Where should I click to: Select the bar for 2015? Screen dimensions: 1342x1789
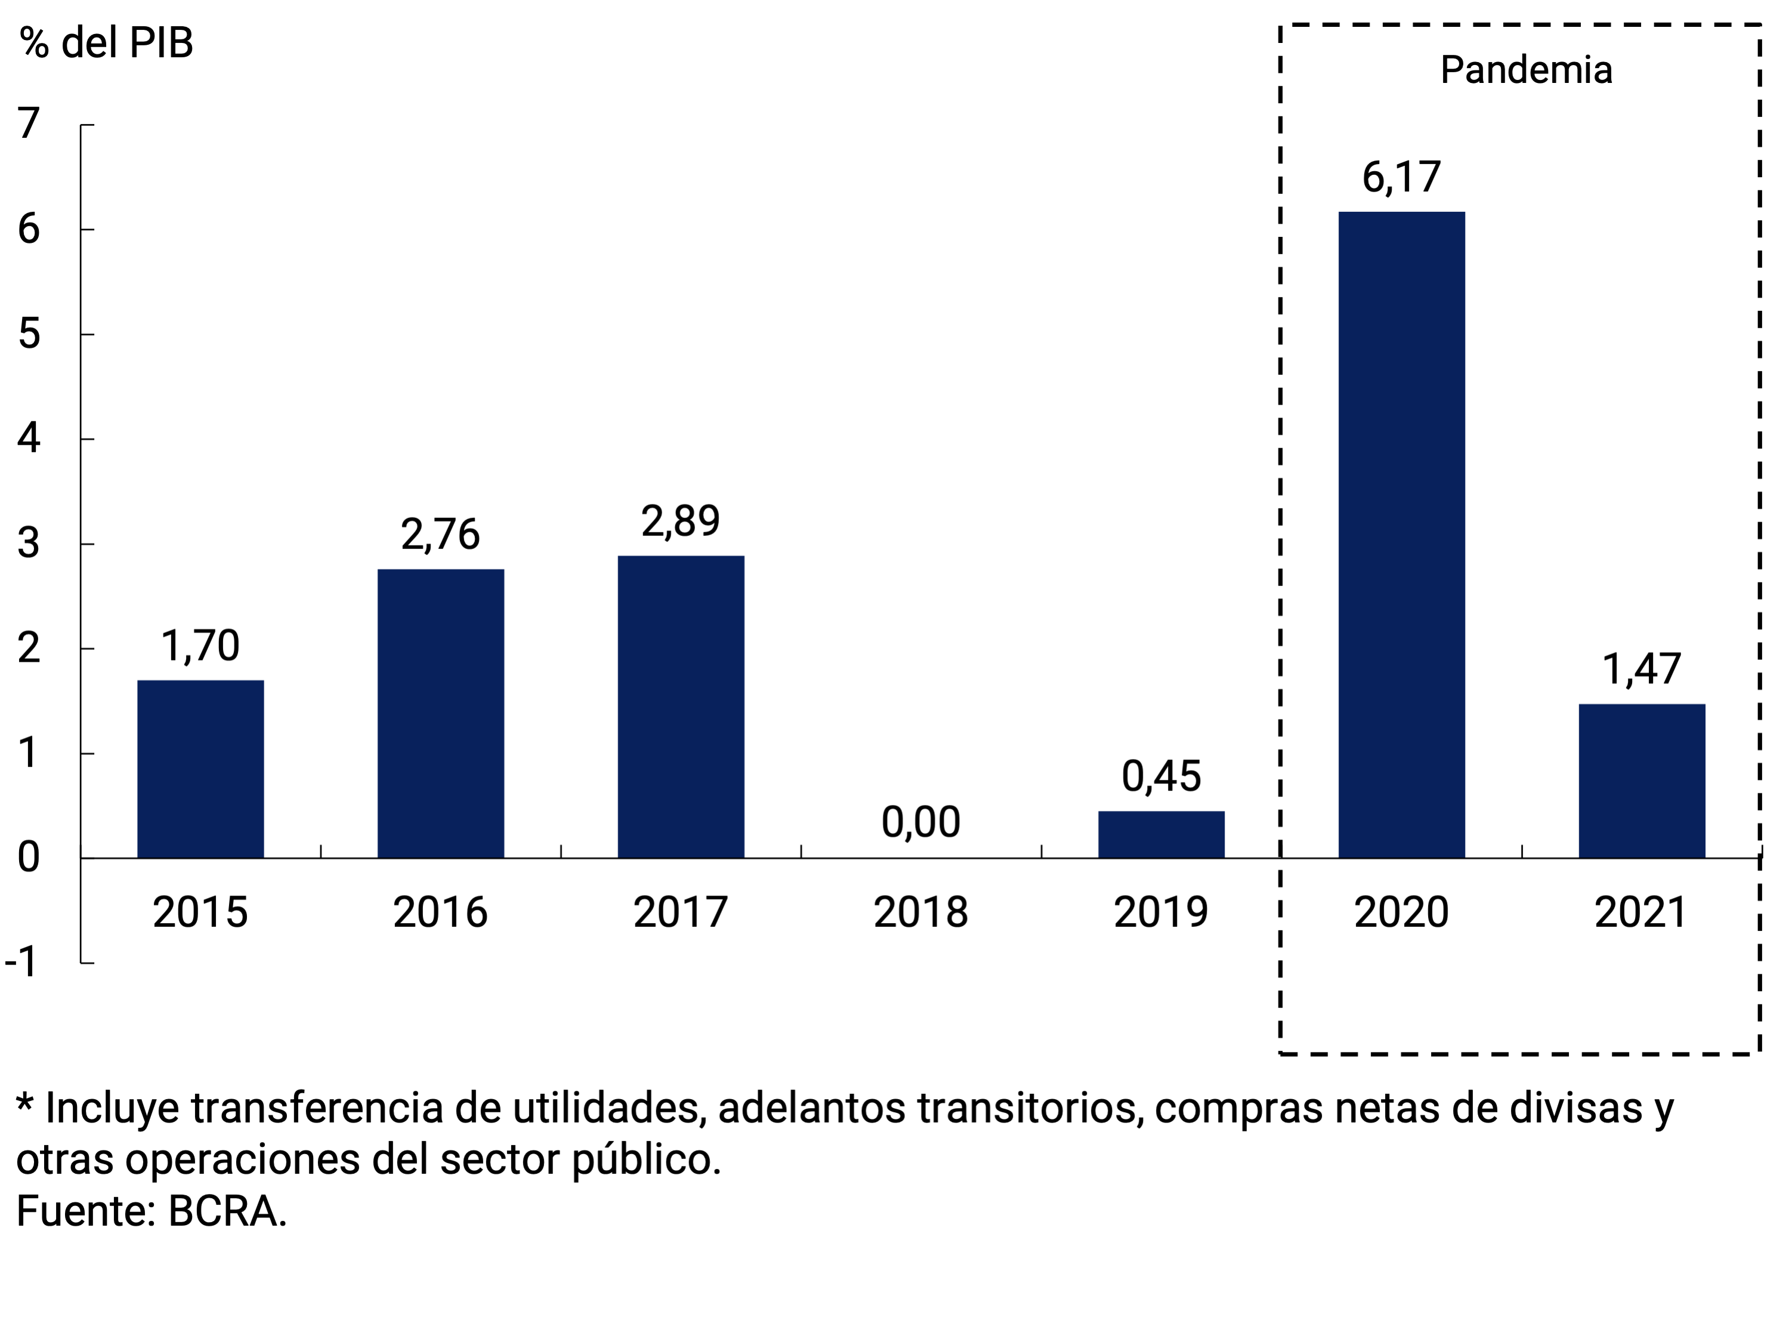200,769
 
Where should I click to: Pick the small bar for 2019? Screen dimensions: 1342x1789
1161,834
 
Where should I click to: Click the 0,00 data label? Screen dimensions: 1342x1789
920,822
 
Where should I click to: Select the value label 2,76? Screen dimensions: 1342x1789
440,535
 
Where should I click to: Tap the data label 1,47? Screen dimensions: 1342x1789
1641,669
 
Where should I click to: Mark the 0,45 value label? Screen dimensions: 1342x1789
1161,776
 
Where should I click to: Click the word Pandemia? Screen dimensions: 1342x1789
1525,70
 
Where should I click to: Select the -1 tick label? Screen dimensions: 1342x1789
22,962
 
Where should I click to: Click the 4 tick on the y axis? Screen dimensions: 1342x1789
29,439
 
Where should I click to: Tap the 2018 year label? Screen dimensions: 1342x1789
920,912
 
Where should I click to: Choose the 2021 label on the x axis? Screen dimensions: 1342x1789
1641,912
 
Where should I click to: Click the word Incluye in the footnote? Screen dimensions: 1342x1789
112,1107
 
